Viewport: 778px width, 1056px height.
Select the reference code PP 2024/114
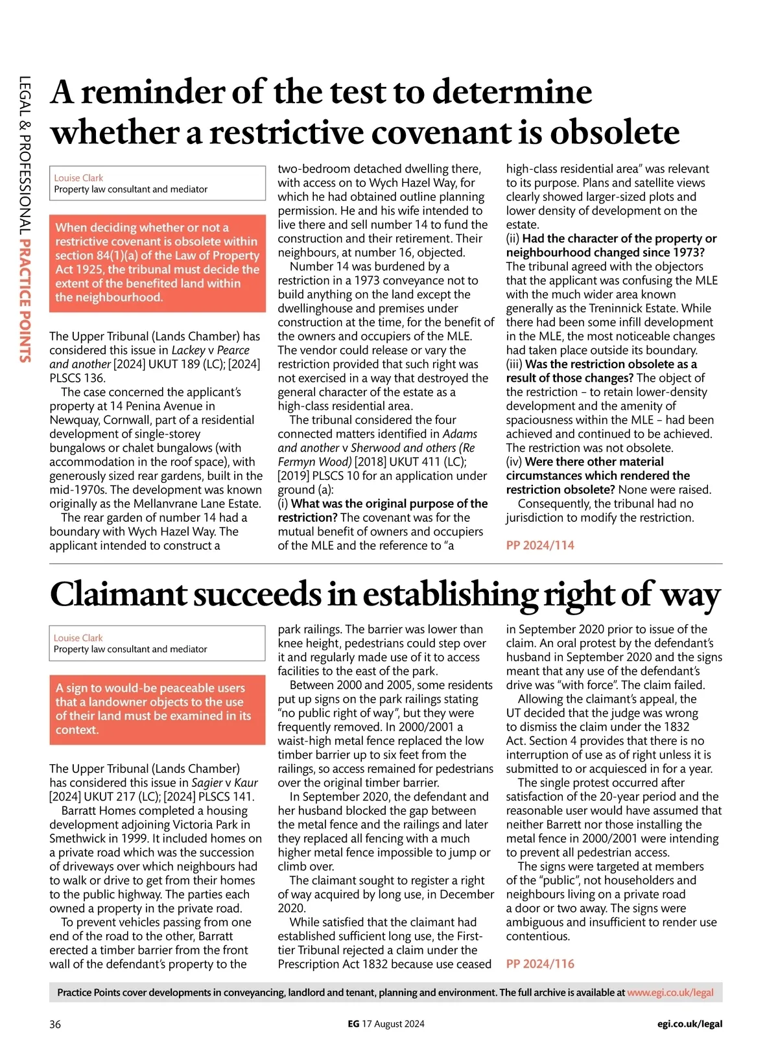540,545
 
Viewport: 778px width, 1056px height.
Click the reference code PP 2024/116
540,964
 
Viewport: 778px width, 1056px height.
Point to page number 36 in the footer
55,1024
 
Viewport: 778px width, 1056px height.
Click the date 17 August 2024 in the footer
393,1024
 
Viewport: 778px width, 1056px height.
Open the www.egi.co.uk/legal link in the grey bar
670,992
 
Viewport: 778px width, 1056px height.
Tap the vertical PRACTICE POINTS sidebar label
25,301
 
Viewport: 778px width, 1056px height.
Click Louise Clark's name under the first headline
78,178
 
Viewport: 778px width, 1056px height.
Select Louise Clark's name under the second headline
78,638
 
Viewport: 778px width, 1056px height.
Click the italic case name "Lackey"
188,351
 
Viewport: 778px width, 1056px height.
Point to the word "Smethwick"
78,839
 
